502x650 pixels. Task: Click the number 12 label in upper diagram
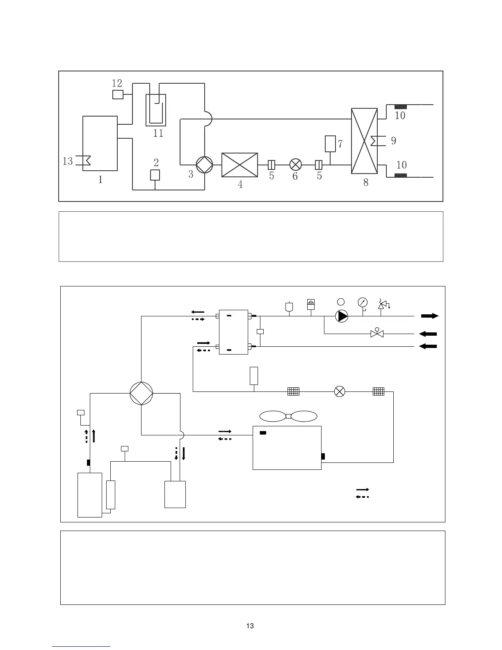(x=117, y=83)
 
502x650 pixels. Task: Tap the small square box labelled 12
(x=118, y=95)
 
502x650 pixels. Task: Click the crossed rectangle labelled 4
(x=240, y=165)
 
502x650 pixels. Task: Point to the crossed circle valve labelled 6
(x=295, y=165)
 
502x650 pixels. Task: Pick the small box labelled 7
(x=330, y=144)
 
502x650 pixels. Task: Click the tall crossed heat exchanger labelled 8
(x=364, y=141)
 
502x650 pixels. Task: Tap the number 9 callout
(x=393, y=141)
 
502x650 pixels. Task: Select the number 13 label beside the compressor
(x=68, y=161)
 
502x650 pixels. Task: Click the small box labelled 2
(x=155, y=175)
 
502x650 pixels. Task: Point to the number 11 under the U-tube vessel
(x=158, y=133)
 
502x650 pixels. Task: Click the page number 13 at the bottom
(x=250, y=626)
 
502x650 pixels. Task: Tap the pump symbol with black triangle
(x=342, y=316)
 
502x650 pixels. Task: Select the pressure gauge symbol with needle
(x=363, y=302)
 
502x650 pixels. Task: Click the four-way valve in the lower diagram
(x=141, y=393)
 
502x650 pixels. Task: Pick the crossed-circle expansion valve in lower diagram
(x=340, y=391)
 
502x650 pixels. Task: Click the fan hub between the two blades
(x=288, y=417)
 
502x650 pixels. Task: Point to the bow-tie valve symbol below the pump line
(x=377, y=334)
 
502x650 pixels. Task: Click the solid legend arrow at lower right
(x=362, y=490)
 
